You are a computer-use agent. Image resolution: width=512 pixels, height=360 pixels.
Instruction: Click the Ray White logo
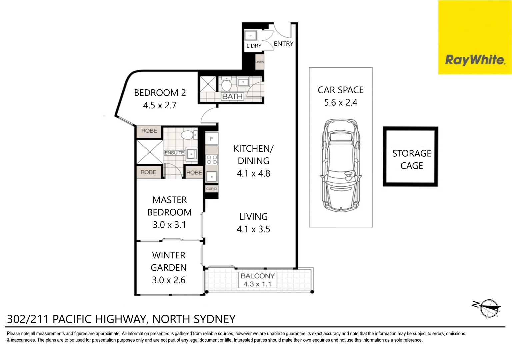(x=475, y=60)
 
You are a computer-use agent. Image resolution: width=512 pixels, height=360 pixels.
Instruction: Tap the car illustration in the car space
(x=341, y=165)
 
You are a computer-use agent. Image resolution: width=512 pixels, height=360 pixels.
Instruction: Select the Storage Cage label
(x=411, y=159)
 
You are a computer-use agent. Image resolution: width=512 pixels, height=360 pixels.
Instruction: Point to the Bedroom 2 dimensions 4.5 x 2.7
(x=160, y=105)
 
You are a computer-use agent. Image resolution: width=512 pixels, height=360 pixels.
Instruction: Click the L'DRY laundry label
(x=254, y=46)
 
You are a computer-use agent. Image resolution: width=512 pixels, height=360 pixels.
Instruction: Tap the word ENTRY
(x=283, y=44)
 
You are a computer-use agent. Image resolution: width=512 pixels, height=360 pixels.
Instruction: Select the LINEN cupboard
(x=260, y=62)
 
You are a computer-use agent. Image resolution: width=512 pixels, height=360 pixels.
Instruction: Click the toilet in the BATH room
(x=227, y=85)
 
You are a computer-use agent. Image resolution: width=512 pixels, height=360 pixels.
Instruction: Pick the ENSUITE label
(x=174, y=153)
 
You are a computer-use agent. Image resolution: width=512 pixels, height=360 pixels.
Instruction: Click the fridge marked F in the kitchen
(x=211, y=139)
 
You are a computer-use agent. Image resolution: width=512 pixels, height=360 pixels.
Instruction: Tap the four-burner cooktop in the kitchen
(x=212, y=159)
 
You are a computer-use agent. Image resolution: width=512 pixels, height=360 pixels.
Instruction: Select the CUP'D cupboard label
(x=211, y=189)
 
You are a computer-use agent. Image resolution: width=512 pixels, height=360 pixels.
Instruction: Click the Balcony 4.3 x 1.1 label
(x=258, y=280)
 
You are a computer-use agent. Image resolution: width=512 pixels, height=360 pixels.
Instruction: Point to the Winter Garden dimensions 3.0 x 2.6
(x=169, y=280)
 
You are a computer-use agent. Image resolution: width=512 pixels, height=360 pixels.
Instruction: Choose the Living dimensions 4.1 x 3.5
(x=253, y=229)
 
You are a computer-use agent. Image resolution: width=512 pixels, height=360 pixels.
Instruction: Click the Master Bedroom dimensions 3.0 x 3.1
(x=169, y=225)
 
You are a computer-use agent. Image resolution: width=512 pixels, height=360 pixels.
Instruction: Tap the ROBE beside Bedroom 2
(x=149, y=131)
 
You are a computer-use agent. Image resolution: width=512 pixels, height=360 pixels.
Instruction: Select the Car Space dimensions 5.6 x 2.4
(x=341, y=103)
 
